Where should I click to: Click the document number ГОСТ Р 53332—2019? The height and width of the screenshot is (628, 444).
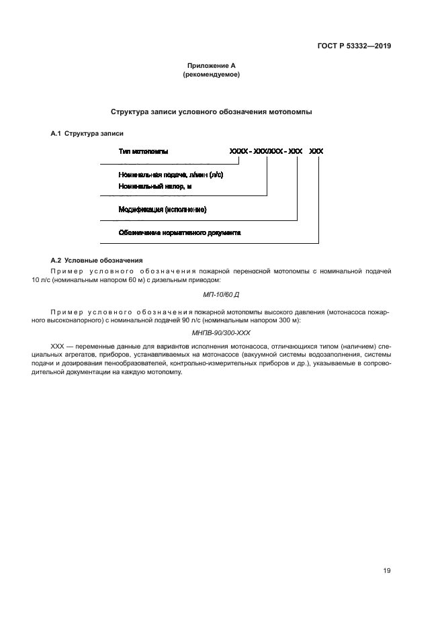(x=354, y=46)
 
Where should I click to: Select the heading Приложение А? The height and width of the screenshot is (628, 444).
(x=211, y=66)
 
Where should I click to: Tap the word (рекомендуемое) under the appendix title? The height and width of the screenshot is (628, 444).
(x=211, y=75)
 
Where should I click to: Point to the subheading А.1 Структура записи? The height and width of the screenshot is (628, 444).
(x=87, y=134)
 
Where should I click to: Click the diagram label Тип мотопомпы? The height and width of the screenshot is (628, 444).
(x=143, y=152)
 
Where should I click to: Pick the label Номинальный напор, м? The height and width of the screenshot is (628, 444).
(x=155, y=186)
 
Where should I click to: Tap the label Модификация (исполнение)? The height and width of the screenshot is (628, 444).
(x=163, y=210)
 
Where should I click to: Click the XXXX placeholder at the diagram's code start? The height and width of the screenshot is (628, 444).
(x=238, y=152)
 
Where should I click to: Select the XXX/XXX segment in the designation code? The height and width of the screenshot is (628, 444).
(x=268, y=152)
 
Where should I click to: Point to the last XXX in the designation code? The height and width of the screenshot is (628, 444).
(x=316, y=152)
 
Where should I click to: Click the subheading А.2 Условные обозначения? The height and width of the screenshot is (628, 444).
(x=96, y=260)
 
